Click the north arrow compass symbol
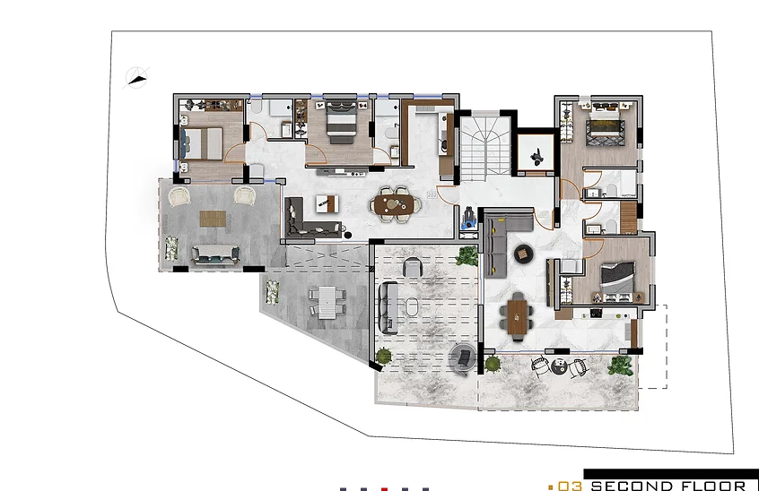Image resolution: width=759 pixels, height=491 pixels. click(137, 76)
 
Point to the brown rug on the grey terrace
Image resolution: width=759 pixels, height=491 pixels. click(213, 219)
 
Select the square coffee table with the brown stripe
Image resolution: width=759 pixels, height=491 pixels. click(327, 203)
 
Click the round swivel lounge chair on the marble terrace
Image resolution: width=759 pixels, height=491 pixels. click(464, 357)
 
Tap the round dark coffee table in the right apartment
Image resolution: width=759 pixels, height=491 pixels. click(522, 254)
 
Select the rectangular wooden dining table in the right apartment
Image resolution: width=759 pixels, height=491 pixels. click(517, 315)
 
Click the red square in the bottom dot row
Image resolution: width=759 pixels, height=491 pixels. click(384, 489)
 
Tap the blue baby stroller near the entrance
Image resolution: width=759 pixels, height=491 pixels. click(467, 215)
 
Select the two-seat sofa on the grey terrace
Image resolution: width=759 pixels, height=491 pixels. click(216, 254)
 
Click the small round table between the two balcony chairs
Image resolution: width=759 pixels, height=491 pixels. click(559, 366)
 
